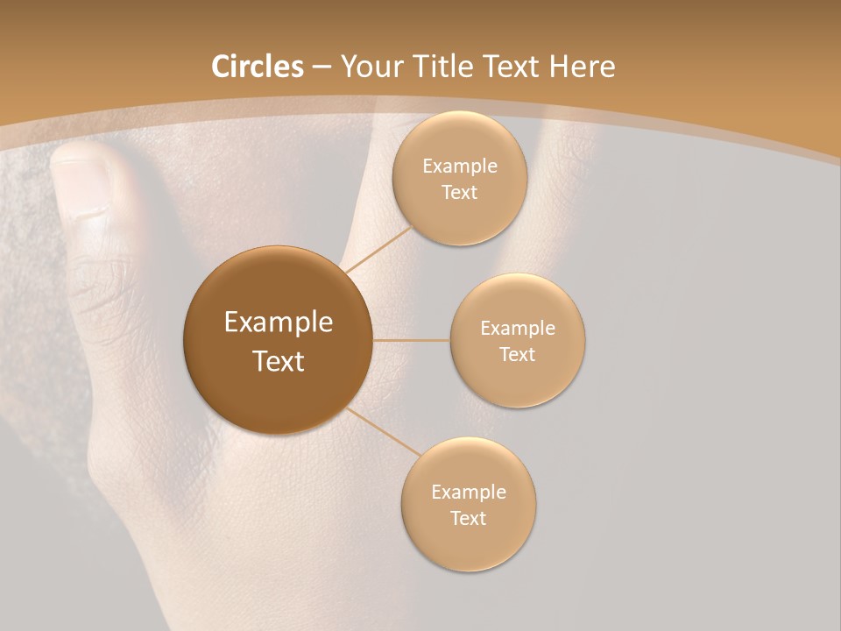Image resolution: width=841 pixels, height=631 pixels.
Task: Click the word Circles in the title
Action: pos(257,67)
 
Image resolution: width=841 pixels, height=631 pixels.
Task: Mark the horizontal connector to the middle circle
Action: pos(411,340)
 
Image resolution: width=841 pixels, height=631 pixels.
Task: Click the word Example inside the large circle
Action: pos(279,323)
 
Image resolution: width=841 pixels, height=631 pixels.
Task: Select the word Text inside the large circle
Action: pos(279,361)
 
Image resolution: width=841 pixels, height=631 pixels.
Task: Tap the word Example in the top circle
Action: pos(460,167)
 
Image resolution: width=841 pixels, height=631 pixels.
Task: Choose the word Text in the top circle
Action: pos(460,193)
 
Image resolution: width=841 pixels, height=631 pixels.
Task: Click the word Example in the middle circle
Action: pos(518,329)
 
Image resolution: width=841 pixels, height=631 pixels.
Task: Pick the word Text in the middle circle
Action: pos(518,355)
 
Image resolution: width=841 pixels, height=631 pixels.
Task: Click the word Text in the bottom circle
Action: pos(469,519)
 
